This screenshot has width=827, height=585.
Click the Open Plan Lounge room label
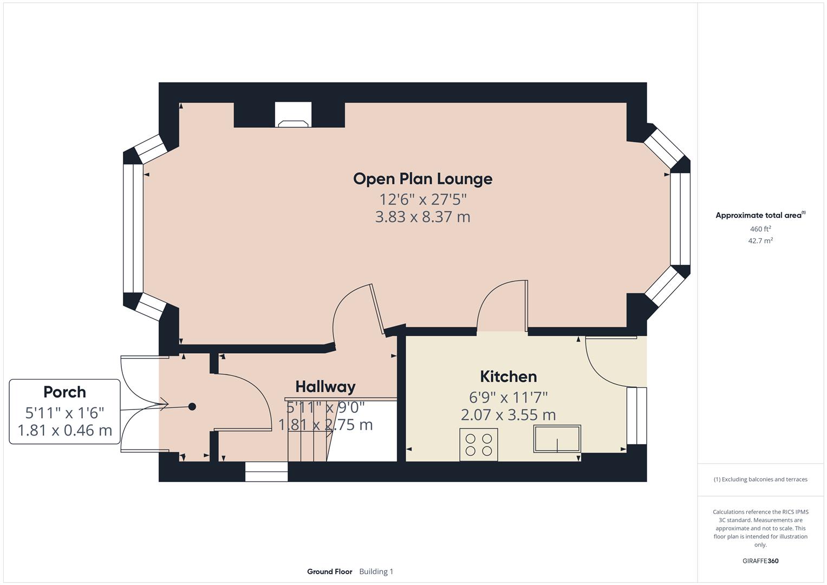coord(422,179)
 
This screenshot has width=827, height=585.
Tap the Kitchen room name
coord(508,376)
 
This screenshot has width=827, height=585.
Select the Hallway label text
coord(325,387)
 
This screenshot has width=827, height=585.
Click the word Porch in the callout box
coord(64,392)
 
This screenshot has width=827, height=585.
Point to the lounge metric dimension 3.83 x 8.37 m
coord(422,217)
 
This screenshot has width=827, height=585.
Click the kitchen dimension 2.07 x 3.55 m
coord(508,415)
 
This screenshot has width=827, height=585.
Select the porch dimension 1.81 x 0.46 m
coord(64,431)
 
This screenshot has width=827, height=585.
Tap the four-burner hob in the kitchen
coord(479,445)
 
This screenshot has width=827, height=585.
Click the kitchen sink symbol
coord(557,439)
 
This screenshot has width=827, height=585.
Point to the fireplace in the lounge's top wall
coord(293,115)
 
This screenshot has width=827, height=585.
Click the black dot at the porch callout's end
coord(192,406)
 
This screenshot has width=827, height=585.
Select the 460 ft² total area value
coord(760,229)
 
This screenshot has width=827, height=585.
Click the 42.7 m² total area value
coord(760,241)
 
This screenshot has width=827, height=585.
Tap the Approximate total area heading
coord(760,216)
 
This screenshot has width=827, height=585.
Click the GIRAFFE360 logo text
coord(760,561)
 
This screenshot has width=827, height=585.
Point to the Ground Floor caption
coord(329,571)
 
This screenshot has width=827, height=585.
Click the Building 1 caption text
coord(376,571)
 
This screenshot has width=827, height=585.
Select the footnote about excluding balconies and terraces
coord(760,479)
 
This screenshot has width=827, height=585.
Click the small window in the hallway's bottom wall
coord(266,471)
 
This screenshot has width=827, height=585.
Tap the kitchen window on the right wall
coord(636,415)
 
